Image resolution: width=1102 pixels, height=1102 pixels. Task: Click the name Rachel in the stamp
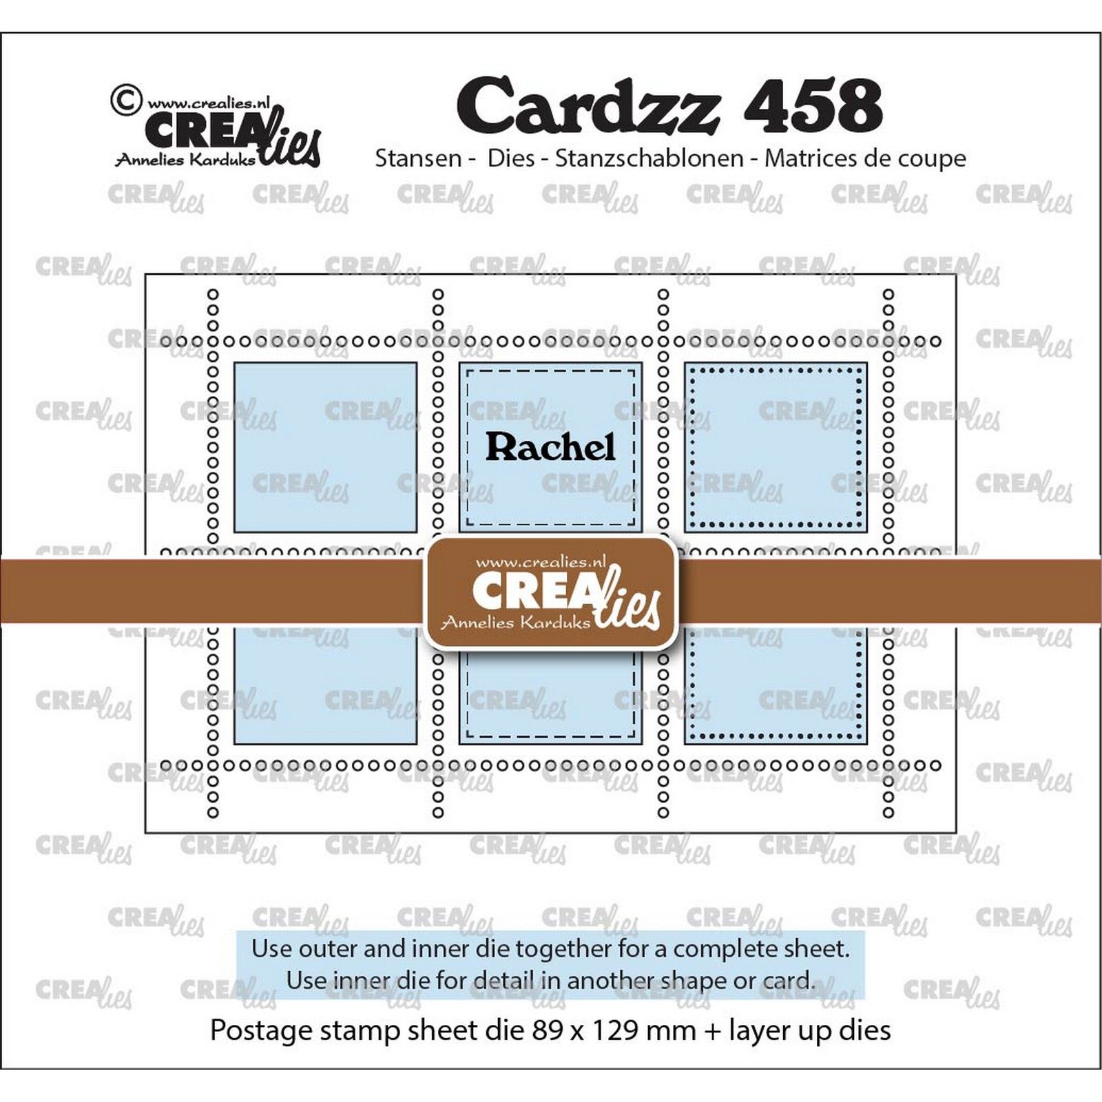point(550,447)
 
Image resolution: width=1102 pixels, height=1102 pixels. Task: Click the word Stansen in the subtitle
point(418,158)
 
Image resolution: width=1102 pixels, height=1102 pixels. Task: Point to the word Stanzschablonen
point(649,158)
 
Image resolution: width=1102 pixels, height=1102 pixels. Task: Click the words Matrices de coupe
point(865,158)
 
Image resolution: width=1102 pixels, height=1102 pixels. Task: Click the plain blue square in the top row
point(326,447)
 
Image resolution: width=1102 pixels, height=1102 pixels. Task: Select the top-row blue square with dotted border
point(776,447)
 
